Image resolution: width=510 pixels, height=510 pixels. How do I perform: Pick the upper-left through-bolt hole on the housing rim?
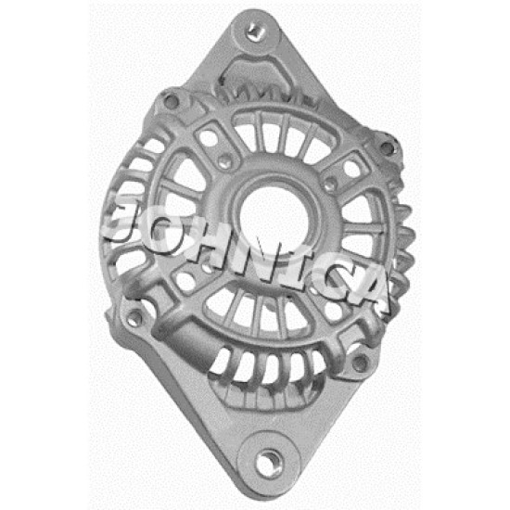[x=171, y=101]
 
